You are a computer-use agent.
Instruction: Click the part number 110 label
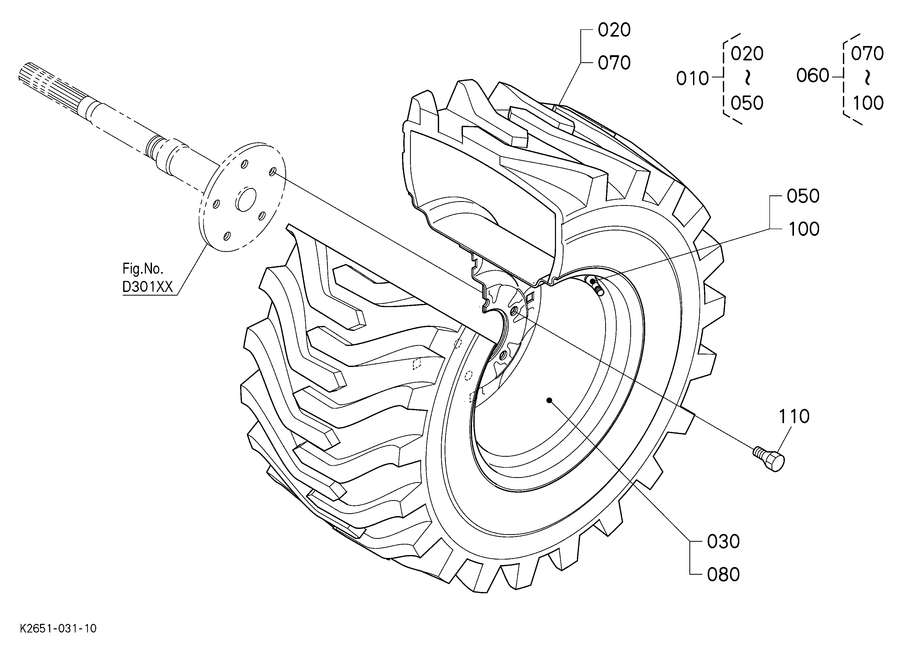[x=794, y=416]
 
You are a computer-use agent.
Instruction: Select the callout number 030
[x=723, y=542]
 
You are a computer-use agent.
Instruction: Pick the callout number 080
[x=723, y=575]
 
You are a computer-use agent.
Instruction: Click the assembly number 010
[x=693, y=79]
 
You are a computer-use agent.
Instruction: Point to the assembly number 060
[x=813, y=76]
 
